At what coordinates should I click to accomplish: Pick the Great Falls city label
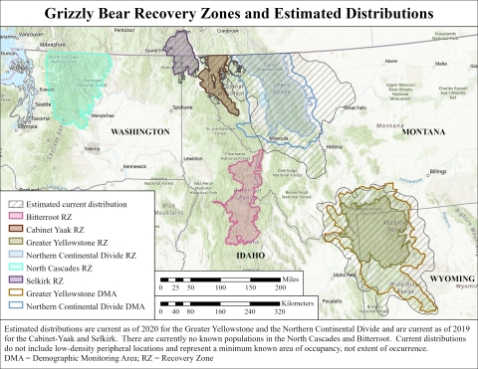click(x=355, y=106)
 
